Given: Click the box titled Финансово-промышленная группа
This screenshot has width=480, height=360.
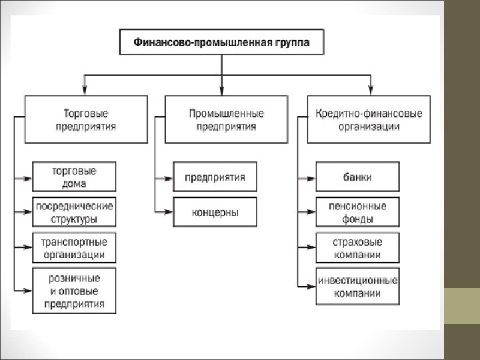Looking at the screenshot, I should point(221,42).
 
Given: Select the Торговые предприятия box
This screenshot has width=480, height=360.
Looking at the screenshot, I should point(85,119).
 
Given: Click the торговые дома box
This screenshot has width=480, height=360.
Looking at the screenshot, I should point(73,177).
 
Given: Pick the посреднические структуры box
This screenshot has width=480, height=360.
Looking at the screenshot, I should point(73,212).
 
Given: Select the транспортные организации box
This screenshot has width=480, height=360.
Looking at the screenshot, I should point(73,247).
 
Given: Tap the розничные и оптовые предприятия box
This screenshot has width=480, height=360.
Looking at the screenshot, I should point(73,291).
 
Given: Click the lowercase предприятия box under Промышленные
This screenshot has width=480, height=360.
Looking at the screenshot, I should point(214,177).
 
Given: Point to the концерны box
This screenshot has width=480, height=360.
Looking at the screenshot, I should point(214,212).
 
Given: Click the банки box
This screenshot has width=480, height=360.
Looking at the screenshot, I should point(358,177).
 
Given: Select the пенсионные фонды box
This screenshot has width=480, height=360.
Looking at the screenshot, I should point(358,212).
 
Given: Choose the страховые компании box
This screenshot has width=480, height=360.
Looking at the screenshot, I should point(358,247).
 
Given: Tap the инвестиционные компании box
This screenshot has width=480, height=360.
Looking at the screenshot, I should point(358,287).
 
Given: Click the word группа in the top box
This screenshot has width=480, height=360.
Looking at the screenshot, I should point(290,42).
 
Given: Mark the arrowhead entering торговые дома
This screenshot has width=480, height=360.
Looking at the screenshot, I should point(27,178).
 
